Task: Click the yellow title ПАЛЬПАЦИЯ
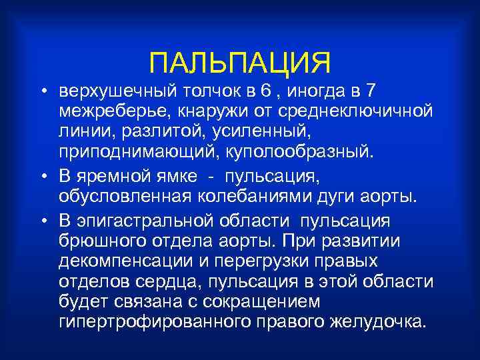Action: pos(239,63)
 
